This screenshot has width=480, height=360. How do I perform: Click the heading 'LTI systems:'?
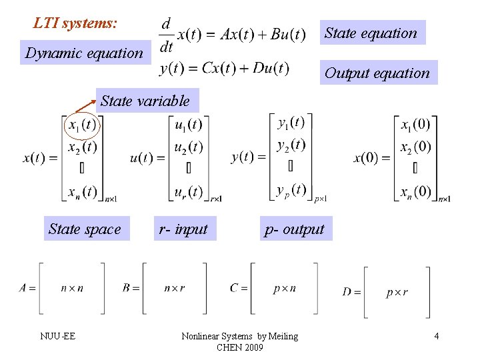tap(75, 23)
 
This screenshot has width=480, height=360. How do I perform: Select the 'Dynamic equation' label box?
tap(84, 53)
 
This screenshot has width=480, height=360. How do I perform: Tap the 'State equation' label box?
tap(371, 33)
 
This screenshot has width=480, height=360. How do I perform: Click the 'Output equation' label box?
tap(377, 73)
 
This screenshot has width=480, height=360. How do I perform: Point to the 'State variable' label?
tap(145, 101)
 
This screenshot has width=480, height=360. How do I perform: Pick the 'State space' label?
tap(85, 229)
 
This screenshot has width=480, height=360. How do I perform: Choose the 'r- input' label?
tap(183, 229)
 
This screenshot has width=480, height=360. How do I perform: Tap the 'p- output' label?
tap(294, 229)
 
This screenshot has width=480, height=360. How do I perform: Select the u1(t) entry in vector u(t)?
tap(189, 125)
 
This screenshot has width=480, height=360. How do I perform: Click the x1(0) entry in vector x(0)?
tap(415, 125)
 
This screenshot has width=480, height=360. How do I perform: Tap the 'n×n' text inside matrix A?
tap(72, 288)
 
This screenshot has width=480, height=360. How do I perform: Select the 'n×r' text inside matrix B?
tap(175, 288)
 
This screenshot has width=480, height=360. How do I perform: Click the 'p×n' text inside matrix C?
tap(285, 288)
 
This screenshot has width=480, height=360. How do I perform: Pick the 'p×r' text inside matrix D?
tap(397, 292)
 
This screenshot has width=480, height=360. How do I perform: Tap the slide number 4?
tap(436, 335)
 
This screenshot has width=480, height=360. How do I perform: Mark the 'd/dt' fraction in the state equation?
tap(167, 35)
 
